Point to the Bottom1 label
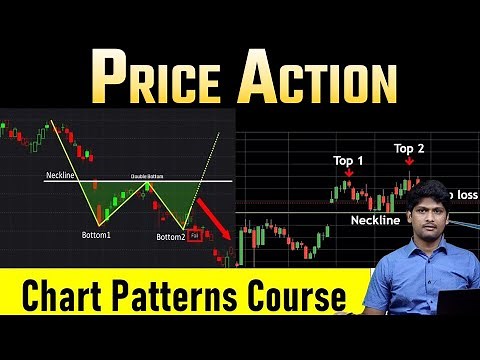click(x=103, y=236)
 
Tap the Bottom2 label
click(x=172, y=237)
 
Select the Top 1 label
click(x=349, y=160)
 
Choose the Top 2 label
click(x=409, y=149)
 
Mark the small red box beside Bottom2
click(x=196, y=237)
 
